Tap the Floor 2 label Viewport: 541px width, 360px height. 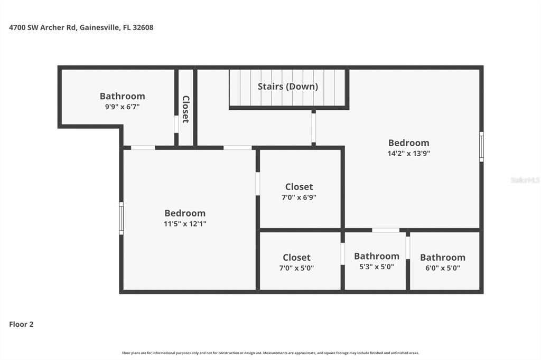(x=21, y=324)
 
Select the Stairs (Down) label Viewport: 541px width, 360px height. (x=287, y=86)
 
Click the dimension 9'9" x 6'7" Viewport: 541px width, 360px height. (x=122, y=107)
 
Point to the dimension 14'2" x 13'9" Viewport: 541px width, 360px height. (x=408, y=154)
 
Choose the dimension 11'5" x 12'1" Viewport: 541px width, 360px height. (x=184, y=224)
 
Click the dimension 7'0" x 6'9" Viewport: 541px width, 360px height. (x=299, y=197)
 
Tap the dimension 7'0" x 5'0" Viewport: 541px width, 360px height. (x=296, y=268)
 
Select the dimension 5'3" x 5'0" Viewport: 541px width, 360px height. (x=376, y=267)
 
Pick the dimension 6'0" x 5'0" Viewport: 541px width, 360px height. (x=442, y=268)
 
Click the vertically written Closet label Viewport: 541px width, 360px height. (x=185, y=109)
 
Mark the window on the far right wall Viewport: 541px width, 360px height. (x=481, y=146)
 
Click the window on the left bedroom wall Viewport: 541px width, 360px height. (x=121, y=218)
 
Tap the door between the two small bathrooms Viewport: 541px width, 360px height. (x=407, y=247)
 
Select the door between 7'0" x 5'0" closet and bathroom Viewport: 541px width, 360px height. (x=342, y=253)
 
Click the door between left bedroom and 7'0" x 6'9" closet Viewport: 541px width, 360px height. (x=257, y=184)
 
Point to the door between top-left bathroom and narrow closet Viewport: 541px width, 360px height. (x=176, y=124)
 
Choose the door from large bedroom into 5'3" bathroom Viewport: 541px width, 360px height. (x=386, y=230)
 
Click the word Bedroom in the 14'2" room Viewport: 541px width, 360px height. (x=408, y=143)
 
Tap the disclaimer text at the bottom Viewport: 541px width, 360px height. (x=270, y=353)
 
